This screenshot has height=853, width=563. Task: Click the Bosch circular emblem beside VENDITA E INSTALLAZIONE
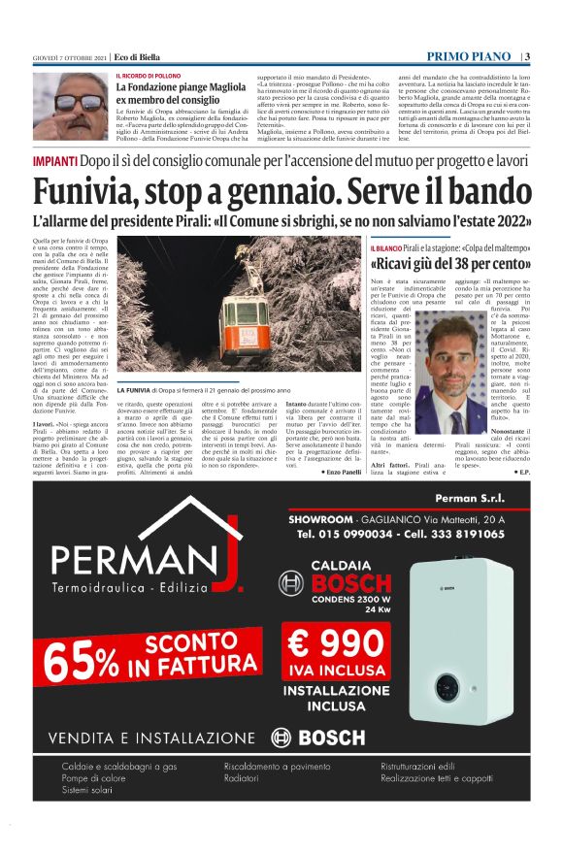pyautogui.click(x=281, y=738)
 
